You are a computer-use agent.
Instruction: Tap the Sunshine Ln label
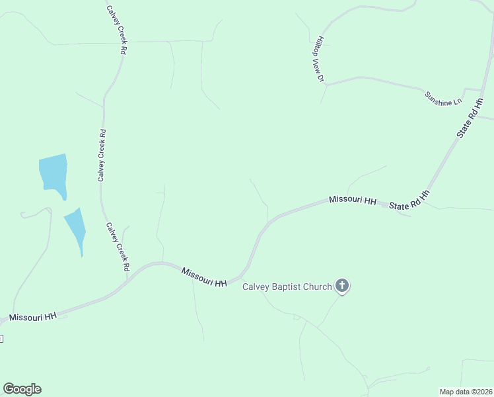[x=443, y=99]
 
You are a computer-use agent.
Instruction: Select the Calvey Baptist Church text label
[x=287, y=287]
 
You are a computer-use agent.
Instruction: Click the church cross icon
[x=341, y=286]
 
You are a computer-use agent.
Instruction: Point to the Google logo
[x=22, y=389]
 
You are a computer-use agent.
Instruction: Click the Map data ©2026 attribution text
[x=466, y=392]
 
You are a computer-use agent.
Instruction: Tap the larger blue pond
[x=53, y=173]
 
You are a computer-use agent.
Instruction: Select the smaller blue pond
[x=75, y=229]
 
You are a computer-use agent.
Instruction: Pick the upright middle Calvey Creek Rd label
[x=102, y=155]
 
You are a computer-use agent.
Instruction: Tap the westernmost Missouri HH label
[x=33, y=318]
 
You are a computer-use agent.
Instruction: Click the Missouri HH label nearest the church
[x=204, y=277]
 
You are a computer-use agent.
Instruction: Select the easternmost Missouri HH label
[x=353, y=200]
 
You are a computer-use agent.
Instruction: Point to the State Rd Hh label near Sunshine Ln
[x=471, y=118]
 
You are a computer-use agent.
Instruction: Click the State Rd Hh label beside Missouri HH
[x=409, y=201]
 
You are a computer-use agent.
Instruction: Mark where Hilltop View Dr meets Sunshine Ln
[x=326, y=84]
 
